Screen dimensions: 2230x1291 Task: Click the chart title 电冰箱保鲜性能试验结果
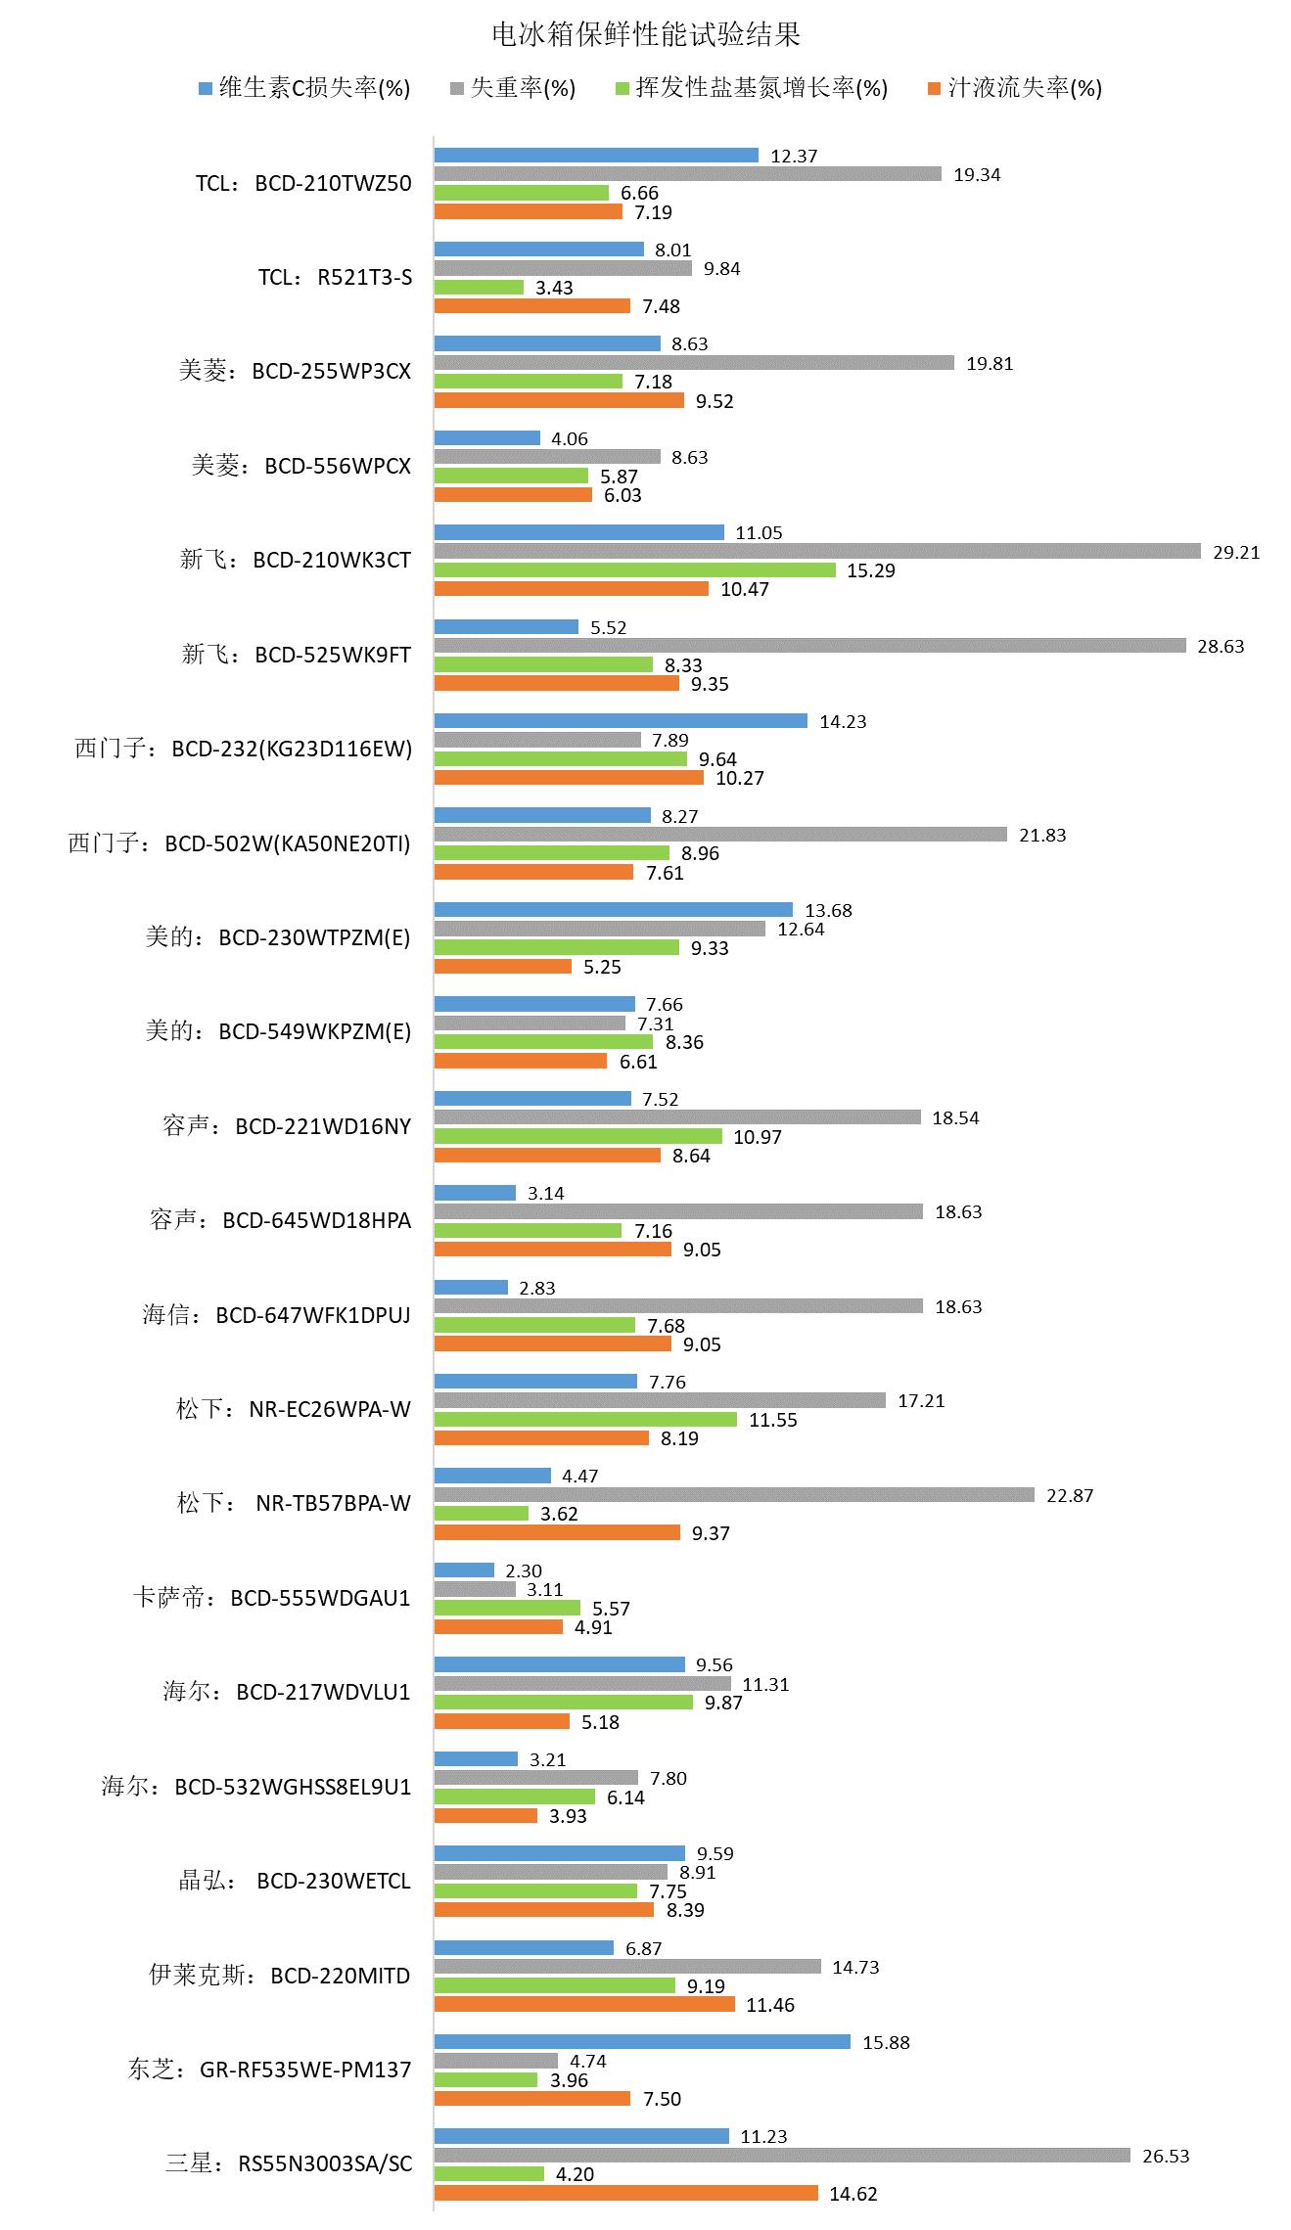(645, 35)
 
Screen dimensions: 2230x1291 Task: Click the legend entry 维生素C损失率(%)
(303, 88)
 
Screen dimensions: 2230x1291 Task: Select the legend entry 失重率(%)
(513, 88)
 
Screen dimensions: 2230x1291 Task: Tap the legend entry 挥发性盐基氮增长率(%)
(751, 88)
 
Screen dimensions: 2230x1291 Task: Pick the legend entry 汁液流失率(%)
(1014, 88)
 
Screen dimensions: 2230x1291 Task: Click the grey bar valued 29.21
(817, 552)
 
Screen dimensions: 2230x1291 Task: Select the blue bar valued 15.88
(642, 2042)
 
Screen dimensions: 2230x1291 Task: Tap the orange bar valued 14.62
(626, 2194)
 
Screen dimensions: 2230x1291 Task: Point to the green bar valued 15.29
(635, 570)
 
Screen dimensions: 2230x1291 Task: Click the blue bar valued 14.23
(621, 721)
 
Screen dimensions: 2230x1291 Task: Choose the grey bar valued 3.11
(475, 1590)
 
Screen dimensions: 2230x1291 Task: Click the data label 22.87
(1070, 1495)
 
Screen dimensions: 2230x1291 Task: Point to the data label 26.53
(1166, 2156)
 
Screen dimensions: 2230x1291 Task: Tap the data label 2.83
(537, 1288)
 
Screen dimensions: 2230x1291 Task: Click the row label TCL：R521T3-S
(335, 278)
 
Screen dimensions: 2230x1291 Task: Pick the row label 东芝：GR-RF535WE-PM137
(269, 2071)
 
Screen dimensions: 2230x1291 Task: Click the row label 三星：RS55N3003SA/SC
(289, 2164)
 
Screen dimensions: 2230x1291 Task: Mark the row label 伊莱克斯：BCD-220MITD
(280, 1976)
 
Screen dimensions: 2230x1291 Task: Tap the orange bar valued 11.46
(584, 2005)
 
